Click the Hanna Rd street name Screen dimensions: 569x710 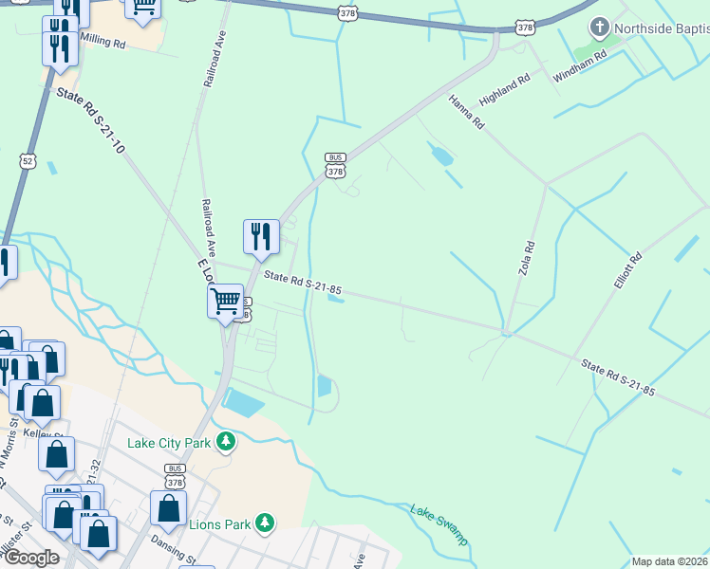tap(466, 111)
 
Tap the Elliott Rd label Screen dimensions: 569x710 tap(628, 270)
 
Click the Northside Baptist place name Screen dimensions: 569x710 tap(661, 28)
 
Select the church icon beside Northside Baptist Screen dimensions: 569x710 tap(599, 28)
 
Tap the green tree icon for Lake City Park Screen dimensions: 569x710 tap(225, 441)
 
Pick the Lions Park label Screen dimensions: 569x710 tap(220, 523)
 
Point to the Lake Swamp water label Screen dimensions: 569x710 tap(439, 524)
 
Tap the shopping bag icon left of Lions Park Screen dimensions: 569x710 tap(168, 509)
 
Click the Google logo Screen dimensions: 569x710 tap(31, 558)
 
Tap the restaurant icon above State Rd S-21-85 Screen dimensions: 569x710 tap(261, 237)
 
